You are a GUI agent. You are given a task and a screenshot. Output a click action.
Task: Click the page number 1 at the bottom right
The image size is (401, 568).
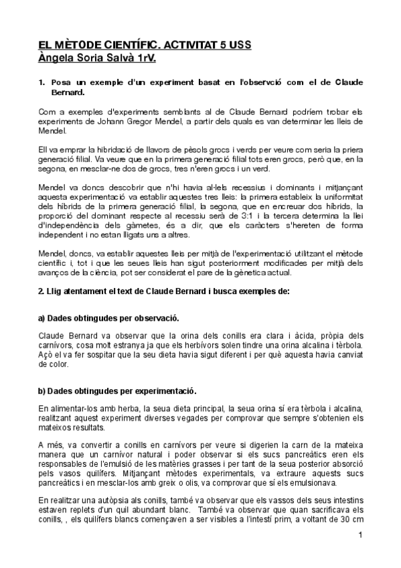[360, 535]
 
